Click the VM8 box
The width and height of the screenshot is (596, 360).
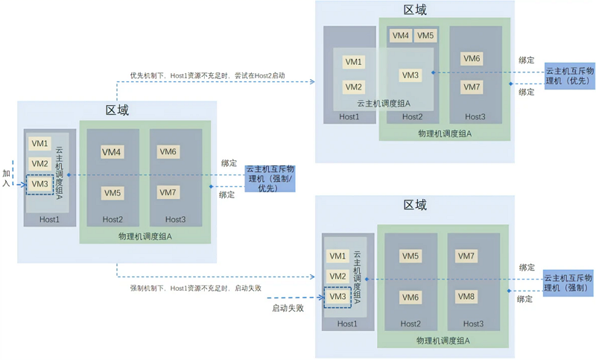pos(466,297)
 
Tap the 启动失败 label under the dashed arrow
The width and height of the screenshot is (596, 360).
pos(288,308)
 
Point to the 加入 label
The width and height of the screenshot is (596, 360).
pos(6,178)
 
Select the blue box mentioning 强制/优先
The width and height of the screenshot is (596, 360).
pos(270,178)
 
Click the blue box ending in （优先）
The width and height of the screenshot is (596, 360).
pos(569,76)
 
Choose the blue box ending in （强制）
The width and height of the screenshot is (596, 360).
pos(568,283)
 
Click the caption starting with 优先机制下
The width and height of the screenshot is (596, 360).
pos(208,75)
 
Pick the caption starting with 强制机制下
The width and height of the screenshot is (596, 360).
pos(196,288)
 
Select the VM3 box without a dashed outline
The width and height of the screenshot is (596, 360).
pos(410,75)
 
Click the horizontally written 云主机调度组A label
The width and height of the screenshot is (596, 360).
pos(384,104)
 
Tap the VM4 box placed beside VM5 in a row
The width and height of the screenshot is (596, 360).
pos(401,36)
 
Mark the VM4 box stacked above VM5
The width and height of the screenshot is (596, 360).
pos(111,152)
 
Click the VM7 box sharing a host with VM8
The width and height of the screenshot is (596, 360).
pos(466,256)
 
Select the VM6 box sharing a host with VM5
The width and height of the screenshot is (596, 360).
pos(410,297)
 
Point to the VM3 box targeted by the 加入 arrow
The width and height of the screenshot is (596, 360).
pos(40,184)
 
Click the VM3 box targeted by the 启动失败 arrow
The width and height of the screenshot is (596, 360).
pos(337,297)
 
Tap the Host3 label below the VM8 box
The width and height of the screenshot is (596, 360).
pos(473,324)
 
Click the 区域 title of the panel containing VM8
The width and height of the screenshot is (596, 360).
pos(415,205)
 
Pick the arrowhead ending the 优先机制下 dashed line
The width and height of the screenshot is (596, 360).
pos(312,82)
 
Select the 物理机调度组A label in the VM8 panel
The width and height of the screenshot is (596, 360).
pos(443,341)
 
